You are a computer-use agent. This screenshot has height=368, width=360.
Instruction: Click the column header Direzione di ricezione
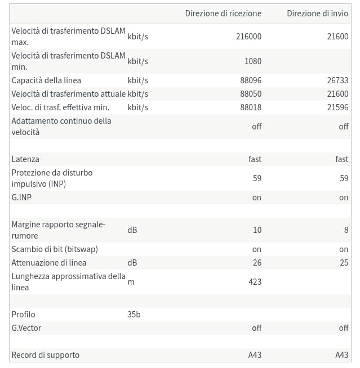pos(223,13)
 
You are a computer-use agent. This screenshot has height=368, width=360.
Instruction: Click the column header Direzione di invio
pos(317,13)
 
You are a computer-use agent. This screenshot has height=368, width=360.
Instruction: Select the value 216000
pos(248,36)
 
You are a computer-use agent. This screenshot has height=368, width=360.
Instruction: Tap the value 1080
pos(253,61)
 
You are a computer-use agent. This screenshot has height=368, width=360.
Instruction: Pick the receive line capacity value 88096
pos(251,80)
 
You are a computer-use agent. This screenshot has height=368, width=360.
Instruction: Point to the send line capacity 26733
pos(337,80)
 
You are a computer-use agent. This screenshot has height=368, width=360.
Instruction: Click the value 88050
pos(251,94)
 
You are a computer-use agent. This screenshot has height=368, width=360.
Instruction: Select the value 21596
pos(337,107)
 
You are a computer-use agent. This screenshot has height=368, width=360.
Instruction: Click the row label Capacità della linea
pos(46,80)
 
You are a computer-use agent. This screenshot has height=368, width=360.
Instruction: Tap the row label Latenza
pos(25,159)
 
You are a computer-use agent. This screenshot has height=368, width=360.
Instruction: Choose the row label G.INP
pos(21,198)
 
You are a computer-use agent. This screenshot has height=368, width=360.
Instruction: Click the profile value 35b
pos(134,315)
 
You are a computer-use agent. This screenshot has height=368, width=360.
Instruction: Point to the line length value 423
pos(255,281)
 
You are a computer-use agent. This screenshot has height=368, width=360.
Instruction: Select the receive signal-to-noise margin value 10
pos(257,230)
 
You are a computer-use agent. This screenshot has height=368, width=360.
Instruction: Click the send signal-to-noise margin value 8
pos(346,230)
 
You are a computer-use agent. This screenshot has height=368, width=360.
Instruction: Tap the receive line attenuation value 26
pos(257,263)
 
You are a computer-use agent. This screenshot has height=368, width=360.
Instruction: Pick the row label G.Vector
pos(26,328)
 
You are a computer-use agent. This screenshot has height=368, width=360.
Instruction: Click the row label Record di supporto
pos(46,355)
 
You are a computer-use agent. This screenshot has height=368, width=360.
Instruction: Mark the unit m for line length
pos(131,281)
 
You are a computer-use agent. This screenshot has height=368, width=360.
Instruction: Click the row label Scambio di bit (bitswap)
pos(55,249)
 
